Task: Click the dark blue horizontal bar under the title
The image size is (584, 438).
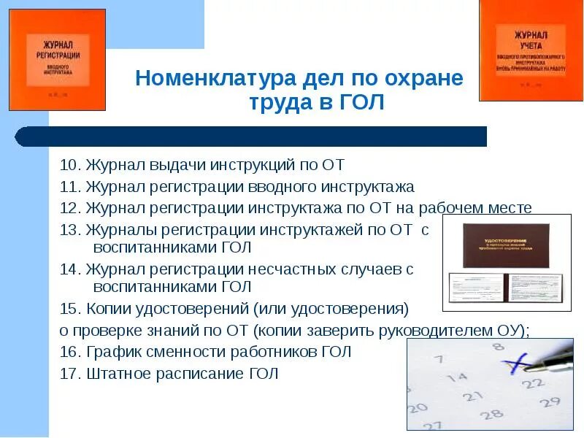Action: (252, 137)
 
